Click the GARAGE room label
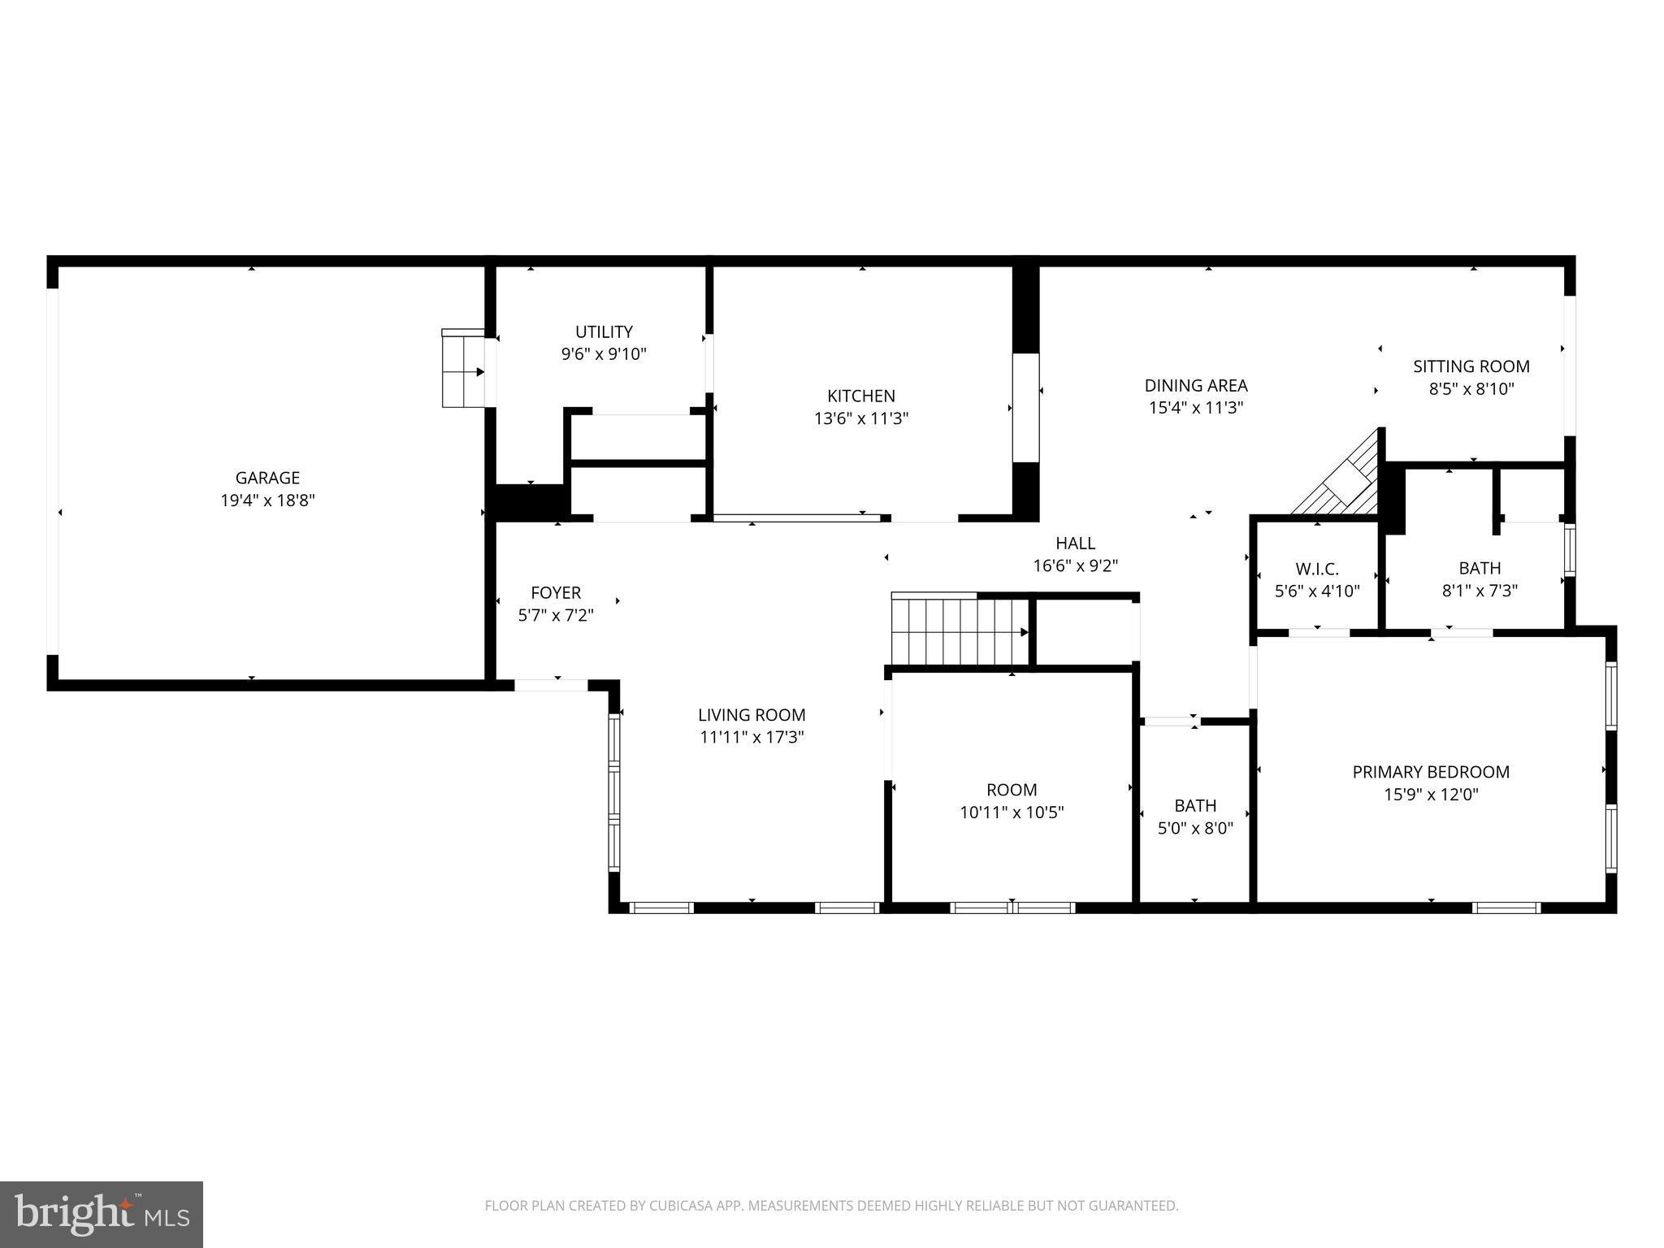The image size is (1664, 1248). [x=267, y=478]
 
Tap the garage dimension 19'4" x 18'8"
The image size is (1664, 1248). [x=267, y=500]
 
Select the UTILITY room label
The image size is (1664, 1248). [x=604, y=331]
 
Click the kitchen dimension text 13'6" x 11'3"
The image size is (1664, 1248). [x=861, y=418]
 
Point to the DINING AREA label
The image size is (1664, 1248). [x=1195, y=385]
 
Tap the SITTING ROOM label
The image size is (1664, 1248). [x=1471, y=366]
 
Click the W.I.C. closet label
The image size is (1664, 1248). [x=1316, y=569]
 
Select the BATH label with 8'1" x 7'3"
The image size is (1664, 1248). [x=1480, y=568]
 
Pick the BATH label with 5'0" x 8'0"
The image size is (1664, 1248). [x=1195, y=805]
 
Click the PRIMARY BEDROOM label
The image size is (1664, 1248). [x=1431, y=772]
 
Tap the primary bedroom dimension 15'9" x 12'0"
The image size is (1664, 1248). [x=1431, y=795]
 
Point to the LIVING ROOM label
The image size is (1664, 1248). [x=752, y=715]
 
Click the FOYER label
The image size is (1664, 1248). [x=556, y=592]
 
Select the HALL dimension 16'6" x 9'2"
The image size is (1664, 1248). [x=1075, y=565]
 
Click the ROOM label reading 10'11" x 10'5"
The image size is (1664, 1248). [x=1012, y=790]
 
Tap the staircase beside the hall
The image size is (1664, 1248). [x=959, y=631]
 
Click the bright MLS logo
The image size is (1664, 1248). [x=102, y=1214]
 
